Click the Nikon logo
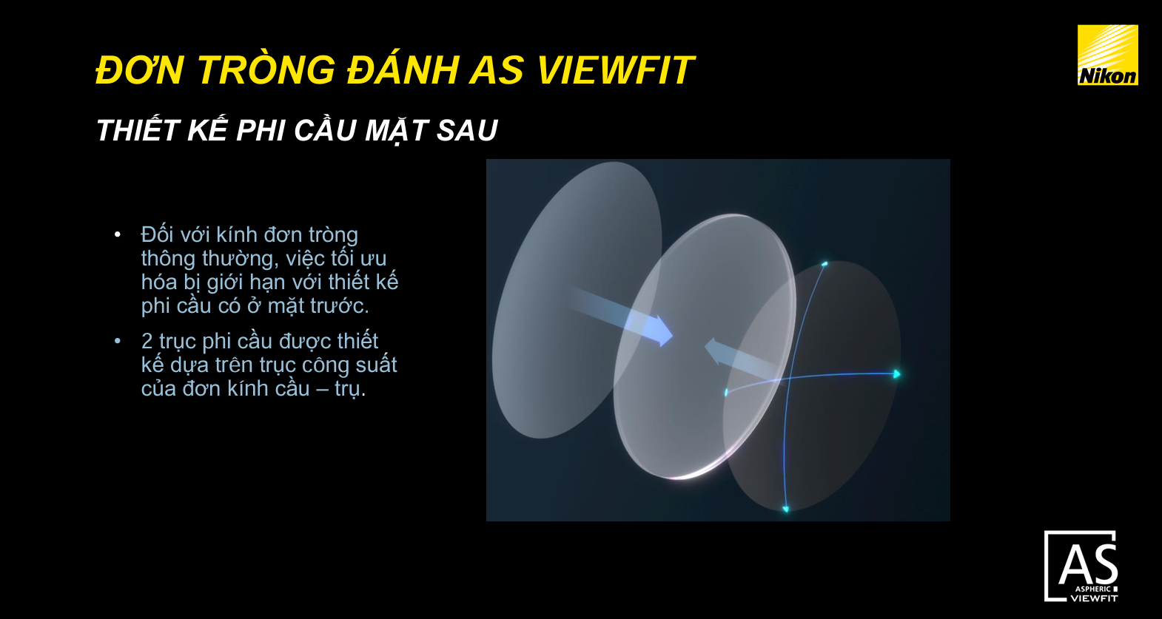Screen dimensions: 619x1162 click(1107, 55)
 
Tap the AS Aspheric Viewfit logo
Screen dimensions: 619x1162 click(1081, 566)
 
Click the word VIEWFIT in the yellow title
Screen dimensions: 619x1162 click(614, 71)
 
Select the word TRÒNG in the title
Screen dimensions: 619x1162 click(266, 71)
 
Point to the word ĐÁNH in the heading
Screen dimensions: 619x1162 click(403, 71)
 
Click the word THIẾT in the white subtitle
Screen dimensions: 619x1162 click(138, 131)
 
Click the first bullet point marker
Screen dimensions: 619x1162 click(118, 234)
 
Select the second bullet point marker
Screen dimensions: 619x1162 click(118, 341)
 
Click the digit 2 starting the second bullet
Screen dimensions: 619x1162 click(147, 341)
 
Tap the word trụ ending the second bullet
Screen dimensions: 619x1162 click(348, 388)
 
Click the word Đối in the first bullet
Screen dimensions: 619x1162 click(157, 234)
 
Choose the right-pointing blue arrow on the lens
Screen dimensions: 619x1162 click(651, 329)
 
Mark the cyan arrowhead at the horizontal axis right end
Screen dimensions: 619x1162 click(896, 374)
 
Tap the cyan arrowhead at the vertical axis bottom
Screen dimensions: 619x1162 click(785, 509)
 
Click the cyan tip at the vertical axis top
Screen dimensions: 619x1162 click(825, 263)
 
